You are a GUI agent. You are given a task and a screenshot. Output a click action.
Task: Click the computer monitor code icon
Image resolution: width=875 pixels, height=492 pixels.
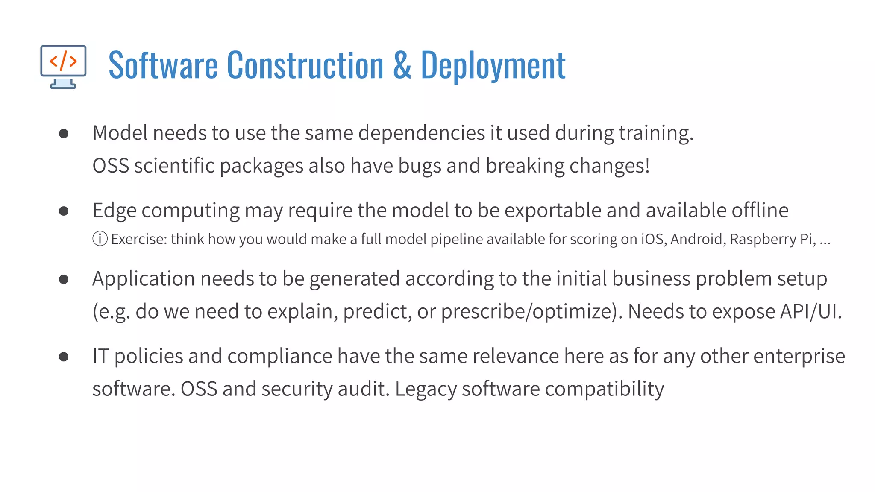point(63,66)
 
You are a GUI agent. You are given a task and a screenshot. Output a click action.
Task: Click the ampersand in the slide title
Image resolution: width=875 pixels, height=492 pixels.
point(402,65)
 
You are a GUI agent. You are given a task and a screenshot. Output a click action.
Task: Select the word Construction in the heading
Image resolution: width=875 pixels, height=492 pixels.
point(305,65)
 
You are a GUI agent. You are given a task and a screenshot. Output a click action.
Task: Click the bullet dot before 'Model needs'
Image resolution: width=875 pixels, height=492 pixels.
point(64,134)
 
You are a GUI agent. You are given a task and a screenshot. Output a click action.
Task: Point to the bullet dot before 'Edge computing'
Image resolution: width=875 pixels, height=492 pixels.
point(64,211)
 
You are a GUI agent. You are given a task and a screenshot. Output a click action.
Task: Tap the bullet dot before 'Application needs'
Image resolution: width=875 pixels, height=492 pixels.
point(64,279)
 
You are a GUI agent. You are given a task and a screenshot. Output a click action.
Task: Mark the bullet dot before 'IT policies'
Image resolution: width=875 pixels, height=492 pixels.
point(64,357)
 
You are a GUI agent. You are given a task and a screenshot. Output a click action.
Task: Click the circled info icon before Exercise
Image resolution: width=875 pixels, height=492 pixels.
point(100,239)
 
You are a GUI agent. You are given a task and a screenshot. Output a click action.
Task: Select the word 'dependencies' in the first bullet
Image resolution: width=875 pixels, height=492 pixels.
point(421,133)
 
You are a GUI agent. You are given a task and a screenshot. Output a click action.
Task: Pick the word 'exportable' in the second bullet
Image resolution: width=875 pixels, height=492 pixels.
point(553,210)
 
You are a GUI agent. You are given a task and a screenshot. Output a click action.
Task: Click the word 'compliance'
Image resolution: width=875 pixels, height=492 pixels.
point(279,356)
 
